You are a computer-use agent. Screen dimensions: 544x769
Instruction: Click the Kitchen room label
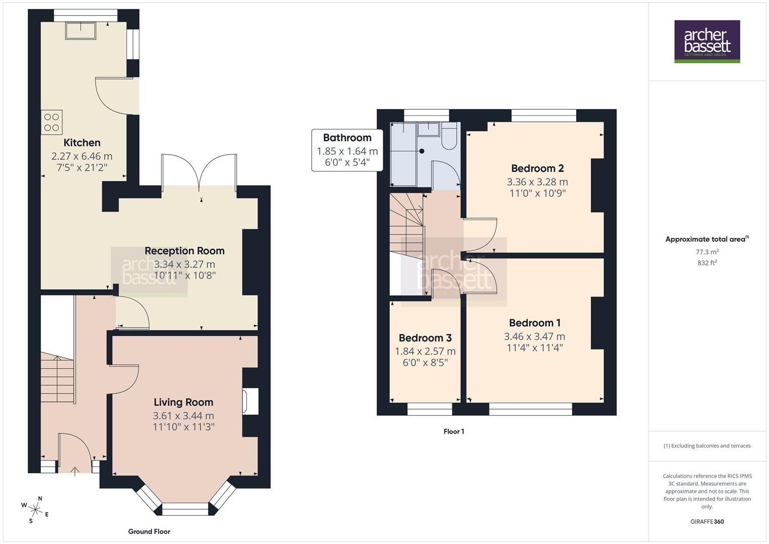click(82, 143)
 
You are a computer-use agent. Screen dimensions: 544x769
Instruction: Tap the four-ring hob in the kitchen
click(52, 122)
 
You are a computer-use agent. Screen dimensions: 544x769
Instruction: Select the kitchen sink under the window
click(81, 31)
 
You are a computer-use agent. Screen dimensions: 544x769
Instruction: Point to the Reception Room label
click(184, 251)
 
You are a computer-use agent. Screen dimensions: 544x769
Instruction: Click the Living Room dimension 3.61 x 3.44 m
click(183, 416)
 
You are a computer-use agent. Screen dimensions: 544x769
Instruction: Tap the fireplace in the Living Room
click(250, 401)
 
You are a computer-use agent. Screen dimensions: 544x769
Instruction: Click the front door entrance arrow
click(75, 472)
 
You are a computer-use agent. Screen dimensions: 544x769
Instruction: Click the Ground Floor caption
click(149, 531)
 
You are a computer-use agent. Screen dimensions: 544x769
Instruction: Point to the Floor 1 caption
click(454, 431)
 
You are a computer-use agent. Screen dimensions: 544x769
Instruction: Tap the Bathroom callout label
click(347, 138)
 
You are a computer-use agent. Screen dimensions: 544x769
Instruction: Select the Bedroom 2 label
click(537, 168)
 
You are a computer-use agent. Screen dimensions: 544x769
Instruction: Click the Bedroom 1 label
click(534, 323)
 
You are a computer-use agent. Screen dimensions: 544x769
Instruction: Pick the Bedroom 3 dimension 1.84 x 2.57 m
click(425, 351)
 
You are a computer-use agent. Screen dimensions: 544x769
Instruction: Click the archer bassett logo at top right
click(707, 41)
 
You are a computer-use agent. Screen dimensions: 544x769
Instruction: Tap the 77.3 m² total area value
click(707, 252)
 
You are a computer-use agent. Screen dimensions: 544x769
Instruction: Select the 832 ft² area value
click(707, 262)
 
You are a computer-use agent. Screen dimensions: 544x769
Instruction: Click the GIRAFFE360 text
click(707, 521)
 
